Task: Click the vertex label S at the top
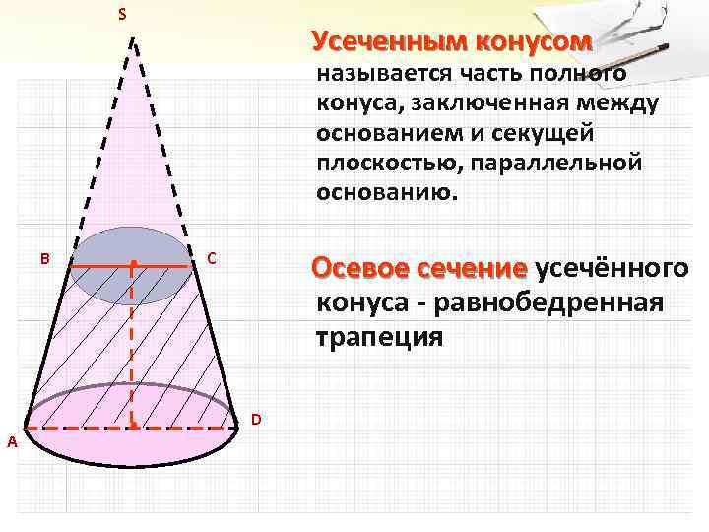[x=122, y=14]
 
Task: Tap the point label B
[x=44, y=258]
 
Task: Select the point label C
[x=211, y=259]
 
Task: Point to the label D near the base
[x=255, y=419]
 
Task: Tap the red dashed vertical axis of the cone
[x=132, y=345]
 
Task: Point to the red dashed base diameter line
[x=79, y=428]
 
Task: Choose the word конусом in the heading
[x=533, y=42]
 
